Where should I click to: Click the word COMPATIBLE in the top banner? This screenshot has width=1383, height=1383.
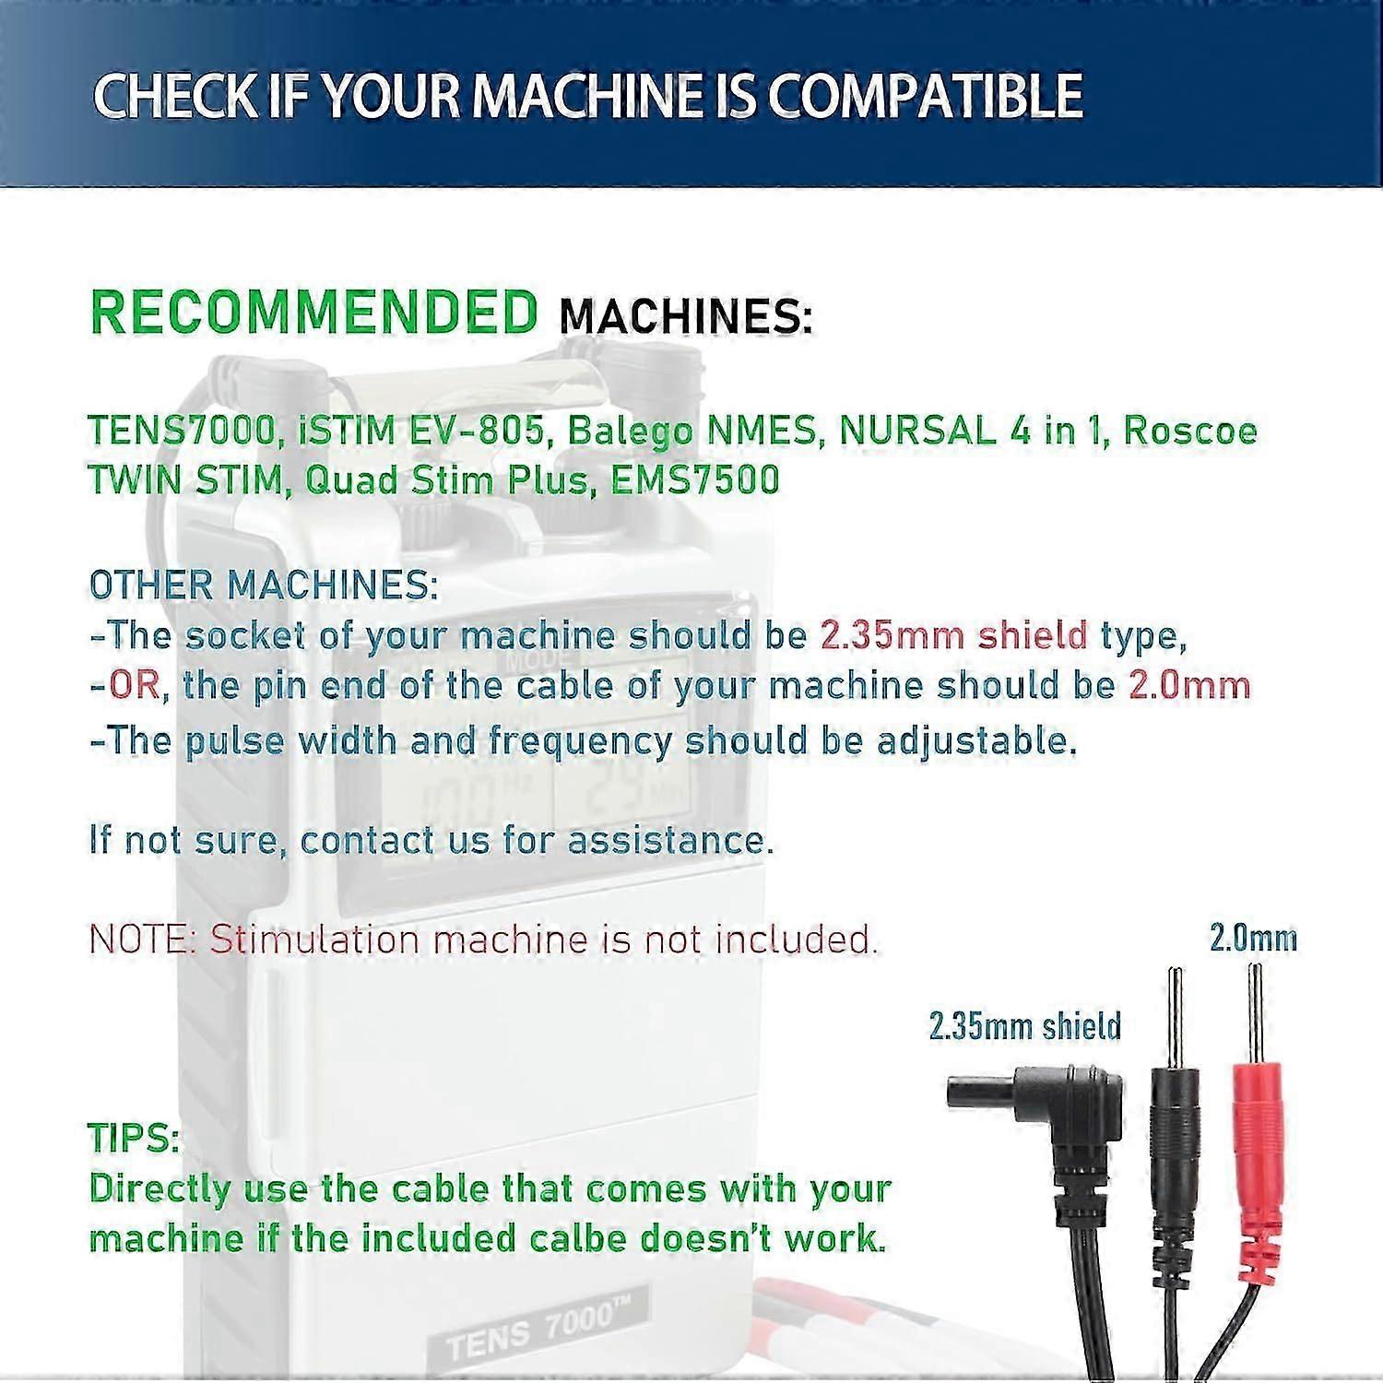925,96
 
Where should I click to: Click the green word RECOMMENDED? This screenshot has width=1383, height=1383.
313,312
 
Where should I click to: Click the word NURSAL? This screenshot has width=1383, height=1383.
917,431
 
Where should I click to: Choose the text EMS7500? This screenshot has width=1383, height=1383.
695,479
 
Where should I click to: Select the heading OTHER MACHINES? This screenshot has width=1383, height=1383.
264,585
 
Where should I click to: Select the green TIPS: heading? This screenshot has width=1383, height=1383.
134,1139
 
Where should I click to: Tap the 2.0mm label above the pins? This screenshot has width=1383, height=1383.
1253,939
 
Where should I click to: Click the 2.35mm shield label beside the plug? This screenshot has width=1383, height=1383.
1024,1026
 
